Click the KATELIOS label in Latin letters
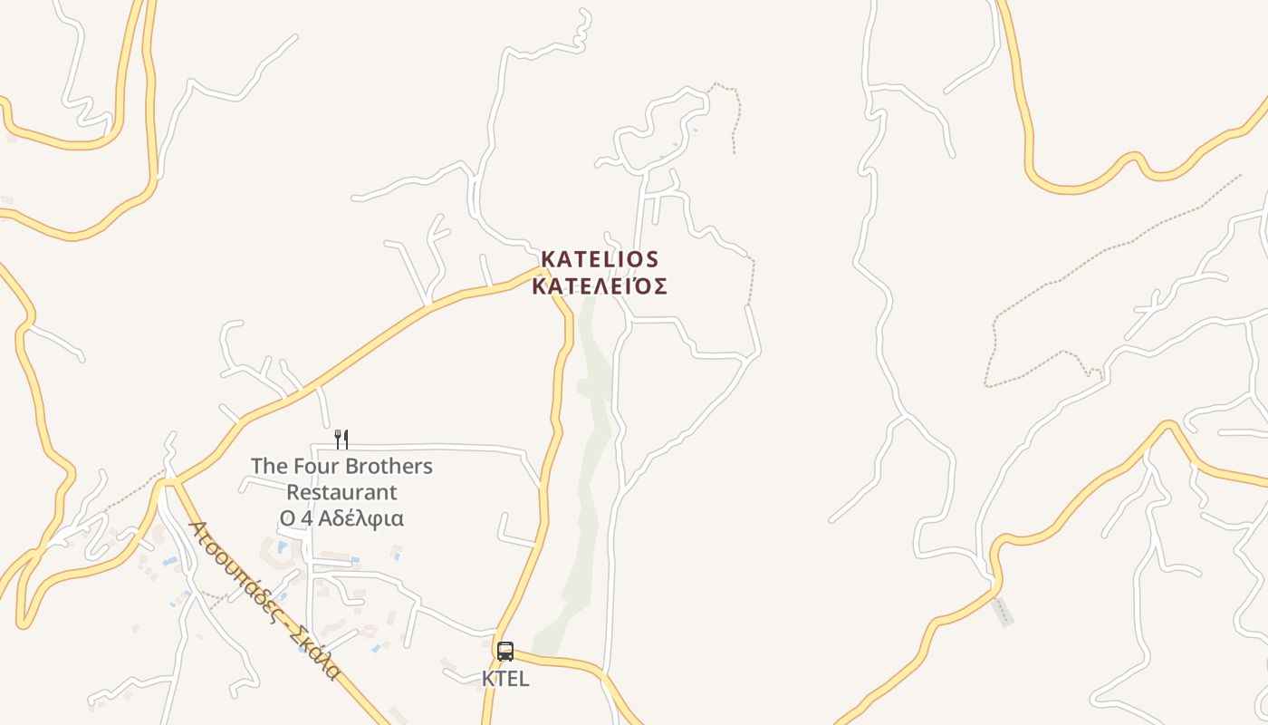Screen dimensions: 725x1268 click(600, 260)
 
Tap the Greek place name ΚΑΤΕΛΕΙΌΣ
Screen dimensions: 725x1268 click(600, 287)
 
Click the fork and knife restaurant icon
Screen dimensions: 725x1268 click(341, 440)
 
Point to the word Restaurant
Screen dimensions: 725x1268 click(341, 493)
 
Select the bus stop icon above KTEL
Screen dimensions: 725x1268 click(505, 652)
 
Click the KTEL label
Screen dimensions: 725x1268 click(505, 678)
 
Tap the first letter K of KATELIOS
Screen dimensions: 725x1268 click(548, 260)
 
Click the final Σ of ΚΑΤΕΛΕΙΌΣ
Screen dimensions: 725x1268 click(661, 287)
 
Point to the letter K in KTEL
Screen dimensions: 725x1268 click(487, 678)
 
